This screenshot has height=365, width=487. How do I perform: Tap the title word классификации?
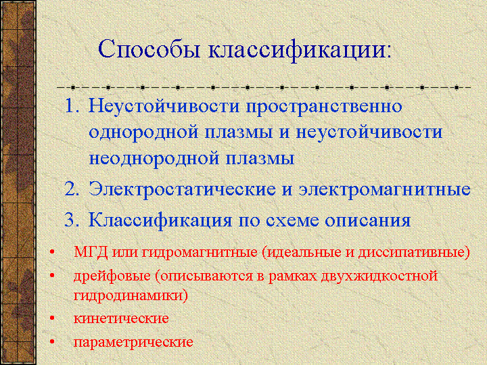[x=300, y=50]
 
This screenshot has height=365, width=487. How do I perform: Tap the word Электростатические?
[x=182, y=189]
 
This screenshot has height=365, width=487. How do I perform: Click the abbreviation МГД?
[x=91, y=252]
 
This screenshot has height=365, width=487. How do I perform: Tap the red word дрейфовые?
[x=112, y=276]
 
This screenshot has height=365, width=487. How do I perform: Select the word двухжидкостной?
[x=379, y=276]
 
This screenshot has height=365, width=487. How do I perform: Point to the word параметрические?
[x=133, y=343]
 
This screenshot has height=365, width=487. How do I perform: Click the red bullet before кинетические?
[x=52, y=318]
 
